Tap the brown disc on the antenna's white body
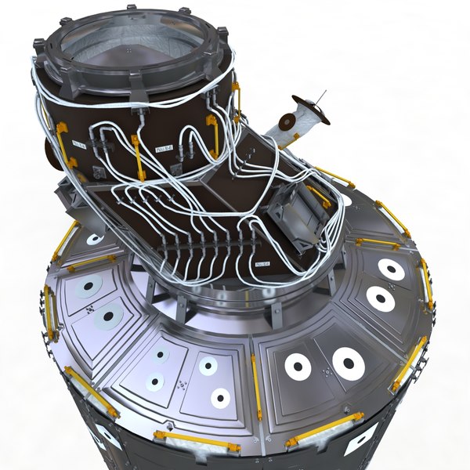[x=287, y=122]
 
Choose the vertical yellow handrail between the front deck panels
[x=255, y=384]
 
